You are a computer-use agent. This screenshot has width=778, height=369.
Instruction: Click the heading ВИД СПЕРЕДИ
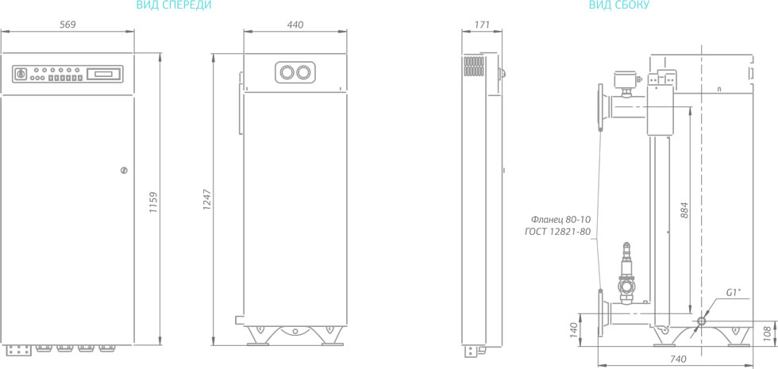click(174, 6)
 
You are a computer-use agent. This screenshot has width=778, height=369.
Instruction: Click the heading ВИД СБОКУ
click(618, 6)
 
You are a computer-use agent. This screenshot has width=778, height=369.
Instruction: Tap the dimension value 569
click(67, 25)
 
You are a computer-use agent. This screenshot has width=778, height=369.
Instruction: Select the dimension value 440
click(295, 25)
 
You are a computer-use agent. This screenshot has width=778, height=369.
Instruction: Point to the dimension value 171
click(482, 25)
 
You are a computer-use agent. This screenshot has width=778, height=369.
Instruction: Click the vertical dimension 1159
click(153, 202)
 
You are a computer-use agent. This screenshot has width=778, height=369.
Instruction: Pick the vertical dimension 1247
click(207, 199)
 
